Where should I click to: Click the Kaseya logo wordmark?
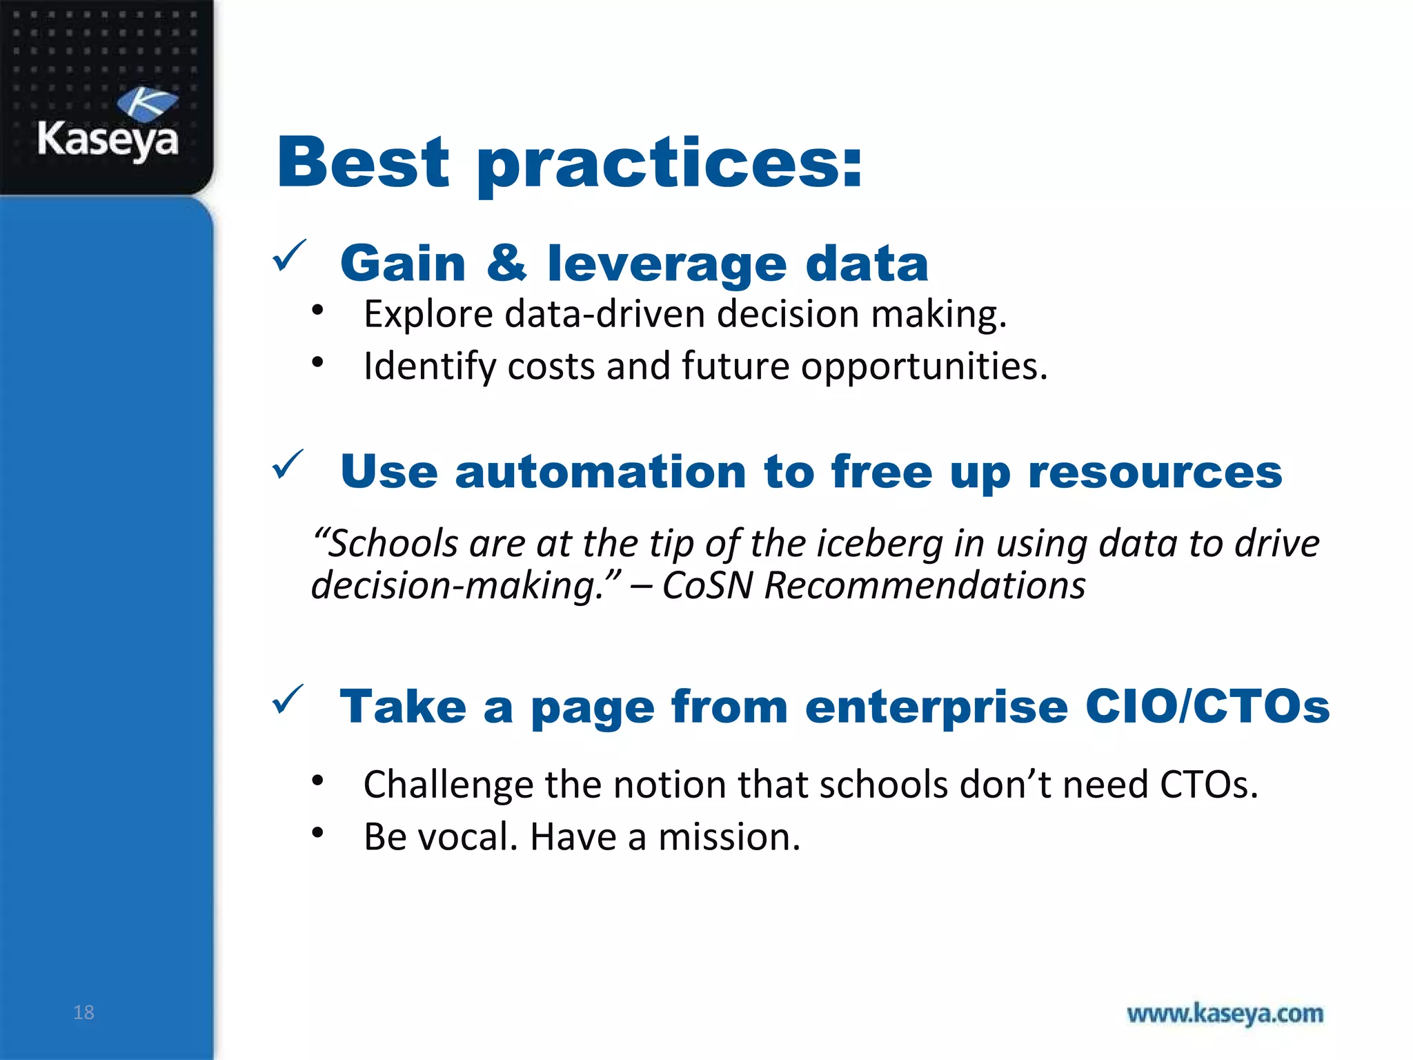(x=108, y=139)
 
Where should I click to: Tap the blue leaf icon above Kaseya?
(x=147, y=104)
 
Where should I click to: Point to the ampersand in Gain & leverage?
(x=506, y=263)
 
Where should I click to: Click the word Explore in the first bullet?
(x=428, y=314)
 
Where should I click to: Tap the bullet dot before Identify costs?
(x=317, y=362)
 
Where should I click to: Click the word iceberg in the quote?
(x=880, y=543)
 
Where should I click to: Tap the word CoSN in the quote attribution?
(x=707, y=586)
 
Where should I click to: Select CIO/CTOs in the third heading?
(x=1207, y=707)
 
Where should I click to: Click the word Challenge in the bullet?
(x=448, y=785)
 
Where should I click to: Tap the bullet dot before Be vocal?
(x=317, y=833)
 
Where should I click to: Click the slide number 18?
(x=83, y=1012)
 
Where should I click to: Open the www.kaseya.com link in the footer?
(x=1225, y=1014)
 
